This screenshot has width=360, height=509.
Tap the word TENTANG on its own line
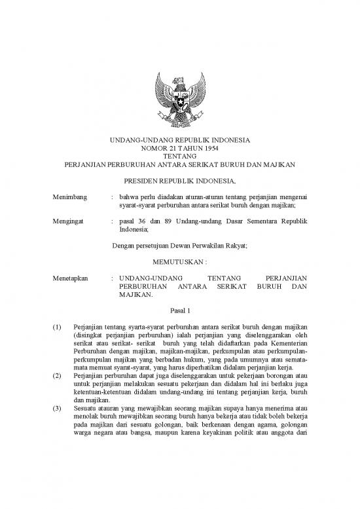pyautogui.click(x=179, y=156)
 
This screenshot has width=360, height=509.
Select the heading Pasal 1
pyautogui.click(x=179, y=309)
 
